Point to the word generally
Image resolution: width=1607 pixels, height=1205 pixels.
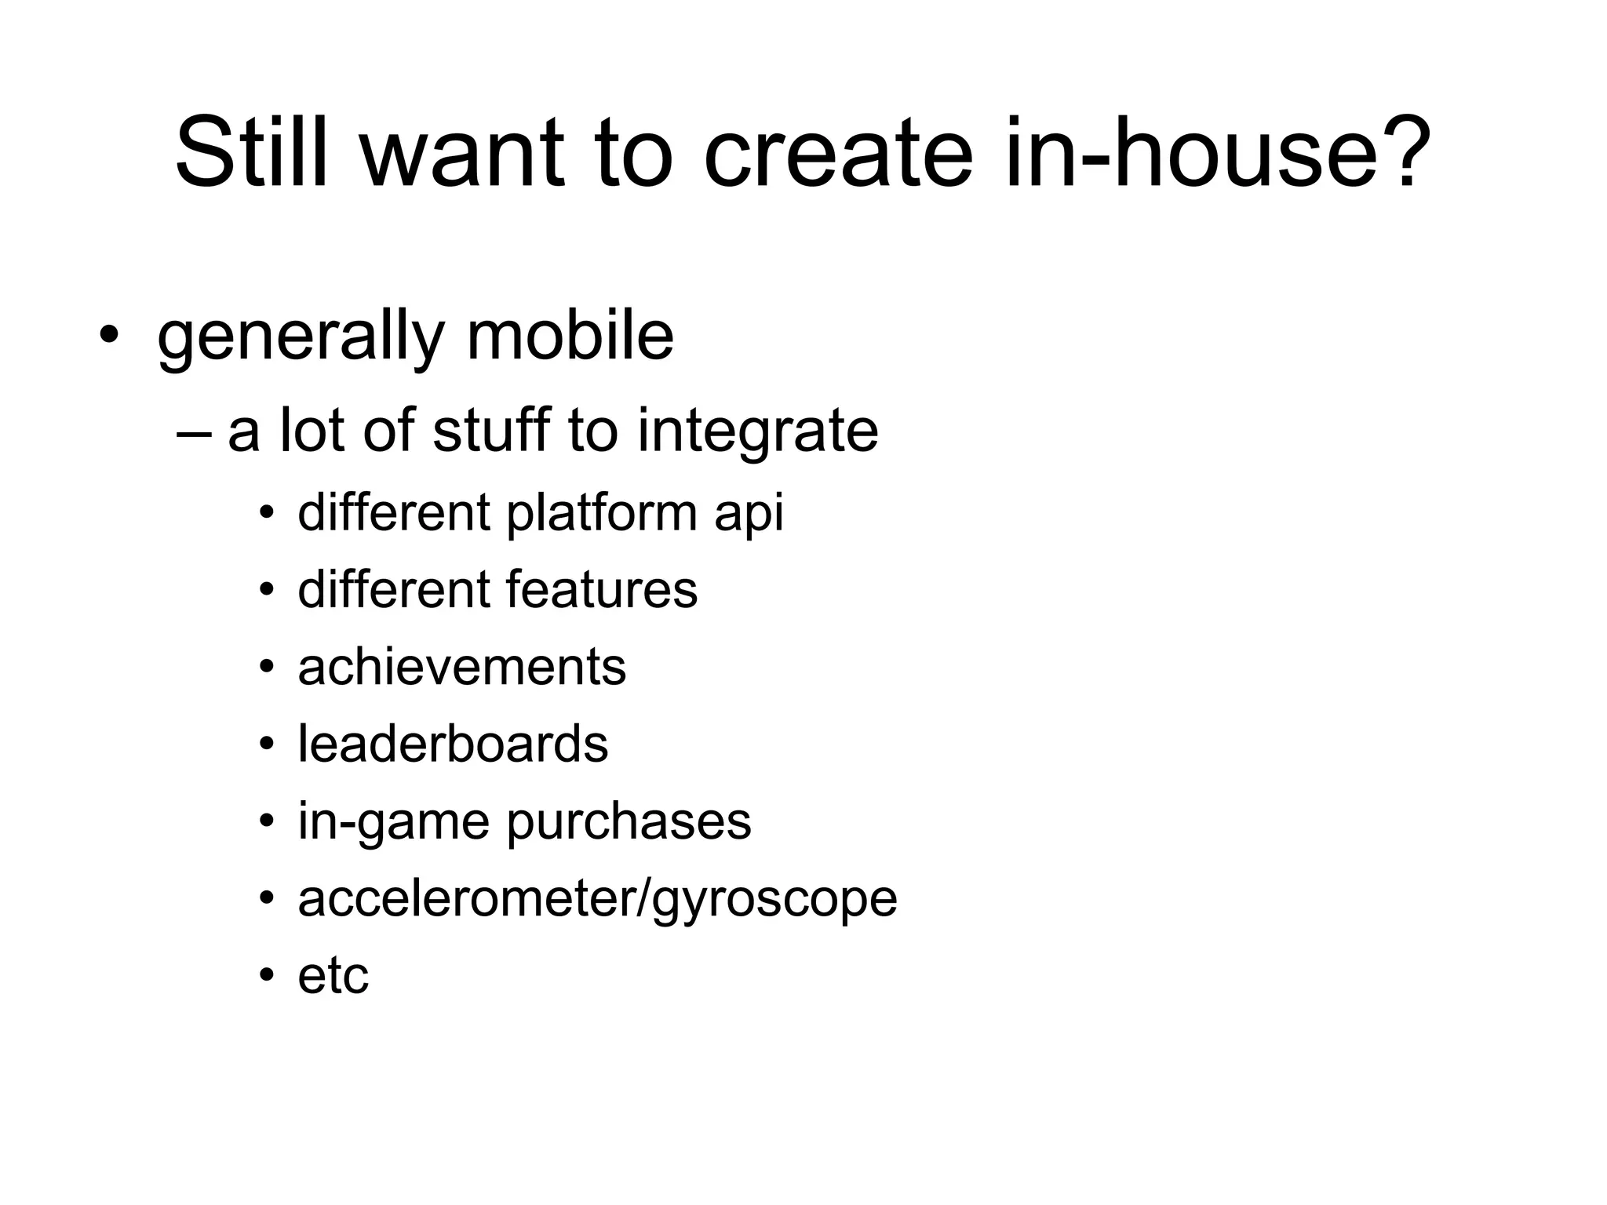click(x=301, y=339)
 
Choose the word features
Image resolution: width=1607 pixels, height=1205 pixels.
click(x=601, y=590)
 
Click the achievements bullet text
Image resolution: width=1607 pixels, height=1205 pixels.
click(x=461, y=668)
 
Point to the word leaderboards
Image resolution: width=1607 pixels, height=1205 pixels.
click(x=453, y=744)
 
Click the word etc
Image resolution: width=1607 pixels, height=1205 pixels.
click(x=333, y=977)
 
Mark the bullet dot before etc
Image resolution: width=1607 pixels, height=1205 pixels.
click(x=267, y=976)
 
